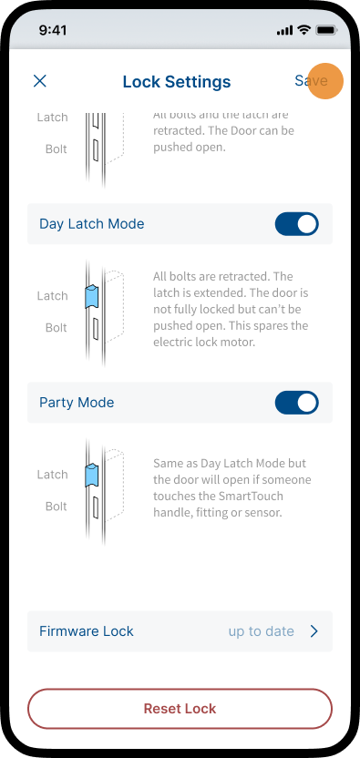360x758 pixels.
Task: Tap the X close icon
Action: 40,81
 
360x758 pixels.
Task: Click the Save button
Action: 311,81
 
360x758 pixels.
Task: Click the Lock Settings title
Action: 177,81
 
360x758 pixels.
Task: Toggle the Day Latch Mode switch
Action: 296,224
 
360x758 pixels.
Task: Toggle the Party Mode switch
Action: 296,403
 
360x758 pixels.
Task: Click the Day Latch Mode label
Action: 92,224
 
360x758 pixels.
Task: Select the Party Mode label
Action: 77,403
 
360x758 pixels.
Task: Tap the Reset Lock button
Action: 180,709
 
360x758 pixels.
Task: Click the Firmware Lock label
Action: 87,631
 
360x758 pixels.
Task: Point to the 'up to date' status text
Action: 262,631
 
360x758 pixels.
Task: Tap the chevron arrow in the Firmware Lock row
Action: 314,631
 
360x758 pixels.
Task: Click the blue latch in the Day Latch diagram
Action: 91,297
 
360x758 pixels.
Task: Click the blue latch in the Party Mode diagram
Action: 91,476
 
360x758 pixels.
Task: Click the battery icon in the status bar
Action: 326,30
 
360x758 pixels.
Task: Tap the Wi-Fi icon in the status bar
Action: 303,30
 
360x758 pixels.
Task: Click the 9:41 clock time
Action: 53,30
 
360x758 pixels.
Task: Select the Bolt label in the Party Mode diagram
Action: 57,507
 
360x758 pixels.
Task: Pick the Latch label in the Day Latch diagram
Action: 52,296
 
